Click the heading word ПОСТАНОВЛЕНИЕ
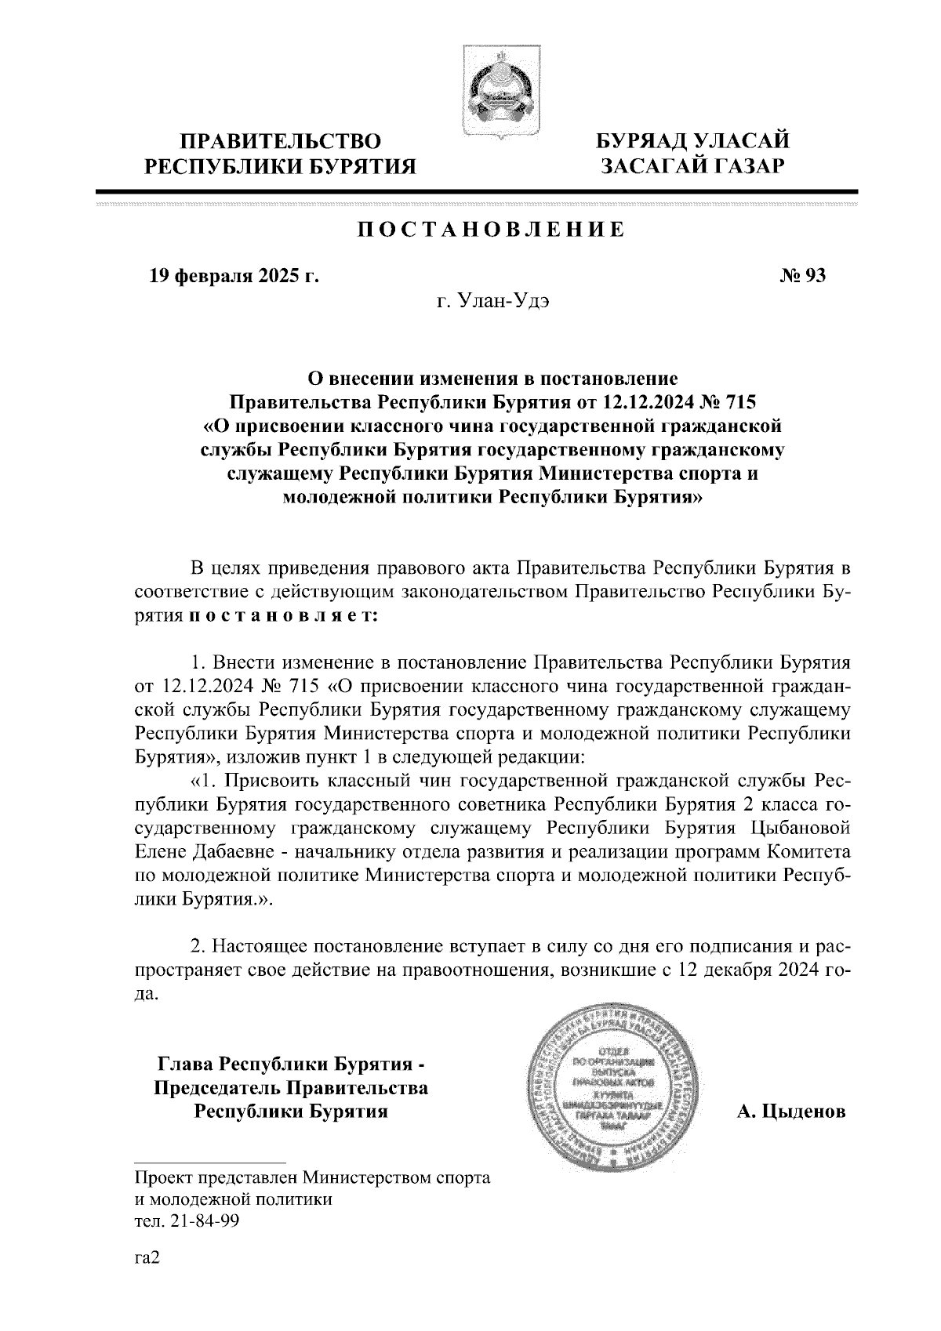tap(492, 230)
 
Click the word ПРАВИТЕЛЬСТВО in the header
tap(282, 142)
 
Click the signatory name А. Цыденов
tap(790, 1112)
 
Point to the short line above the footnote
tap(210, 1162)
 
